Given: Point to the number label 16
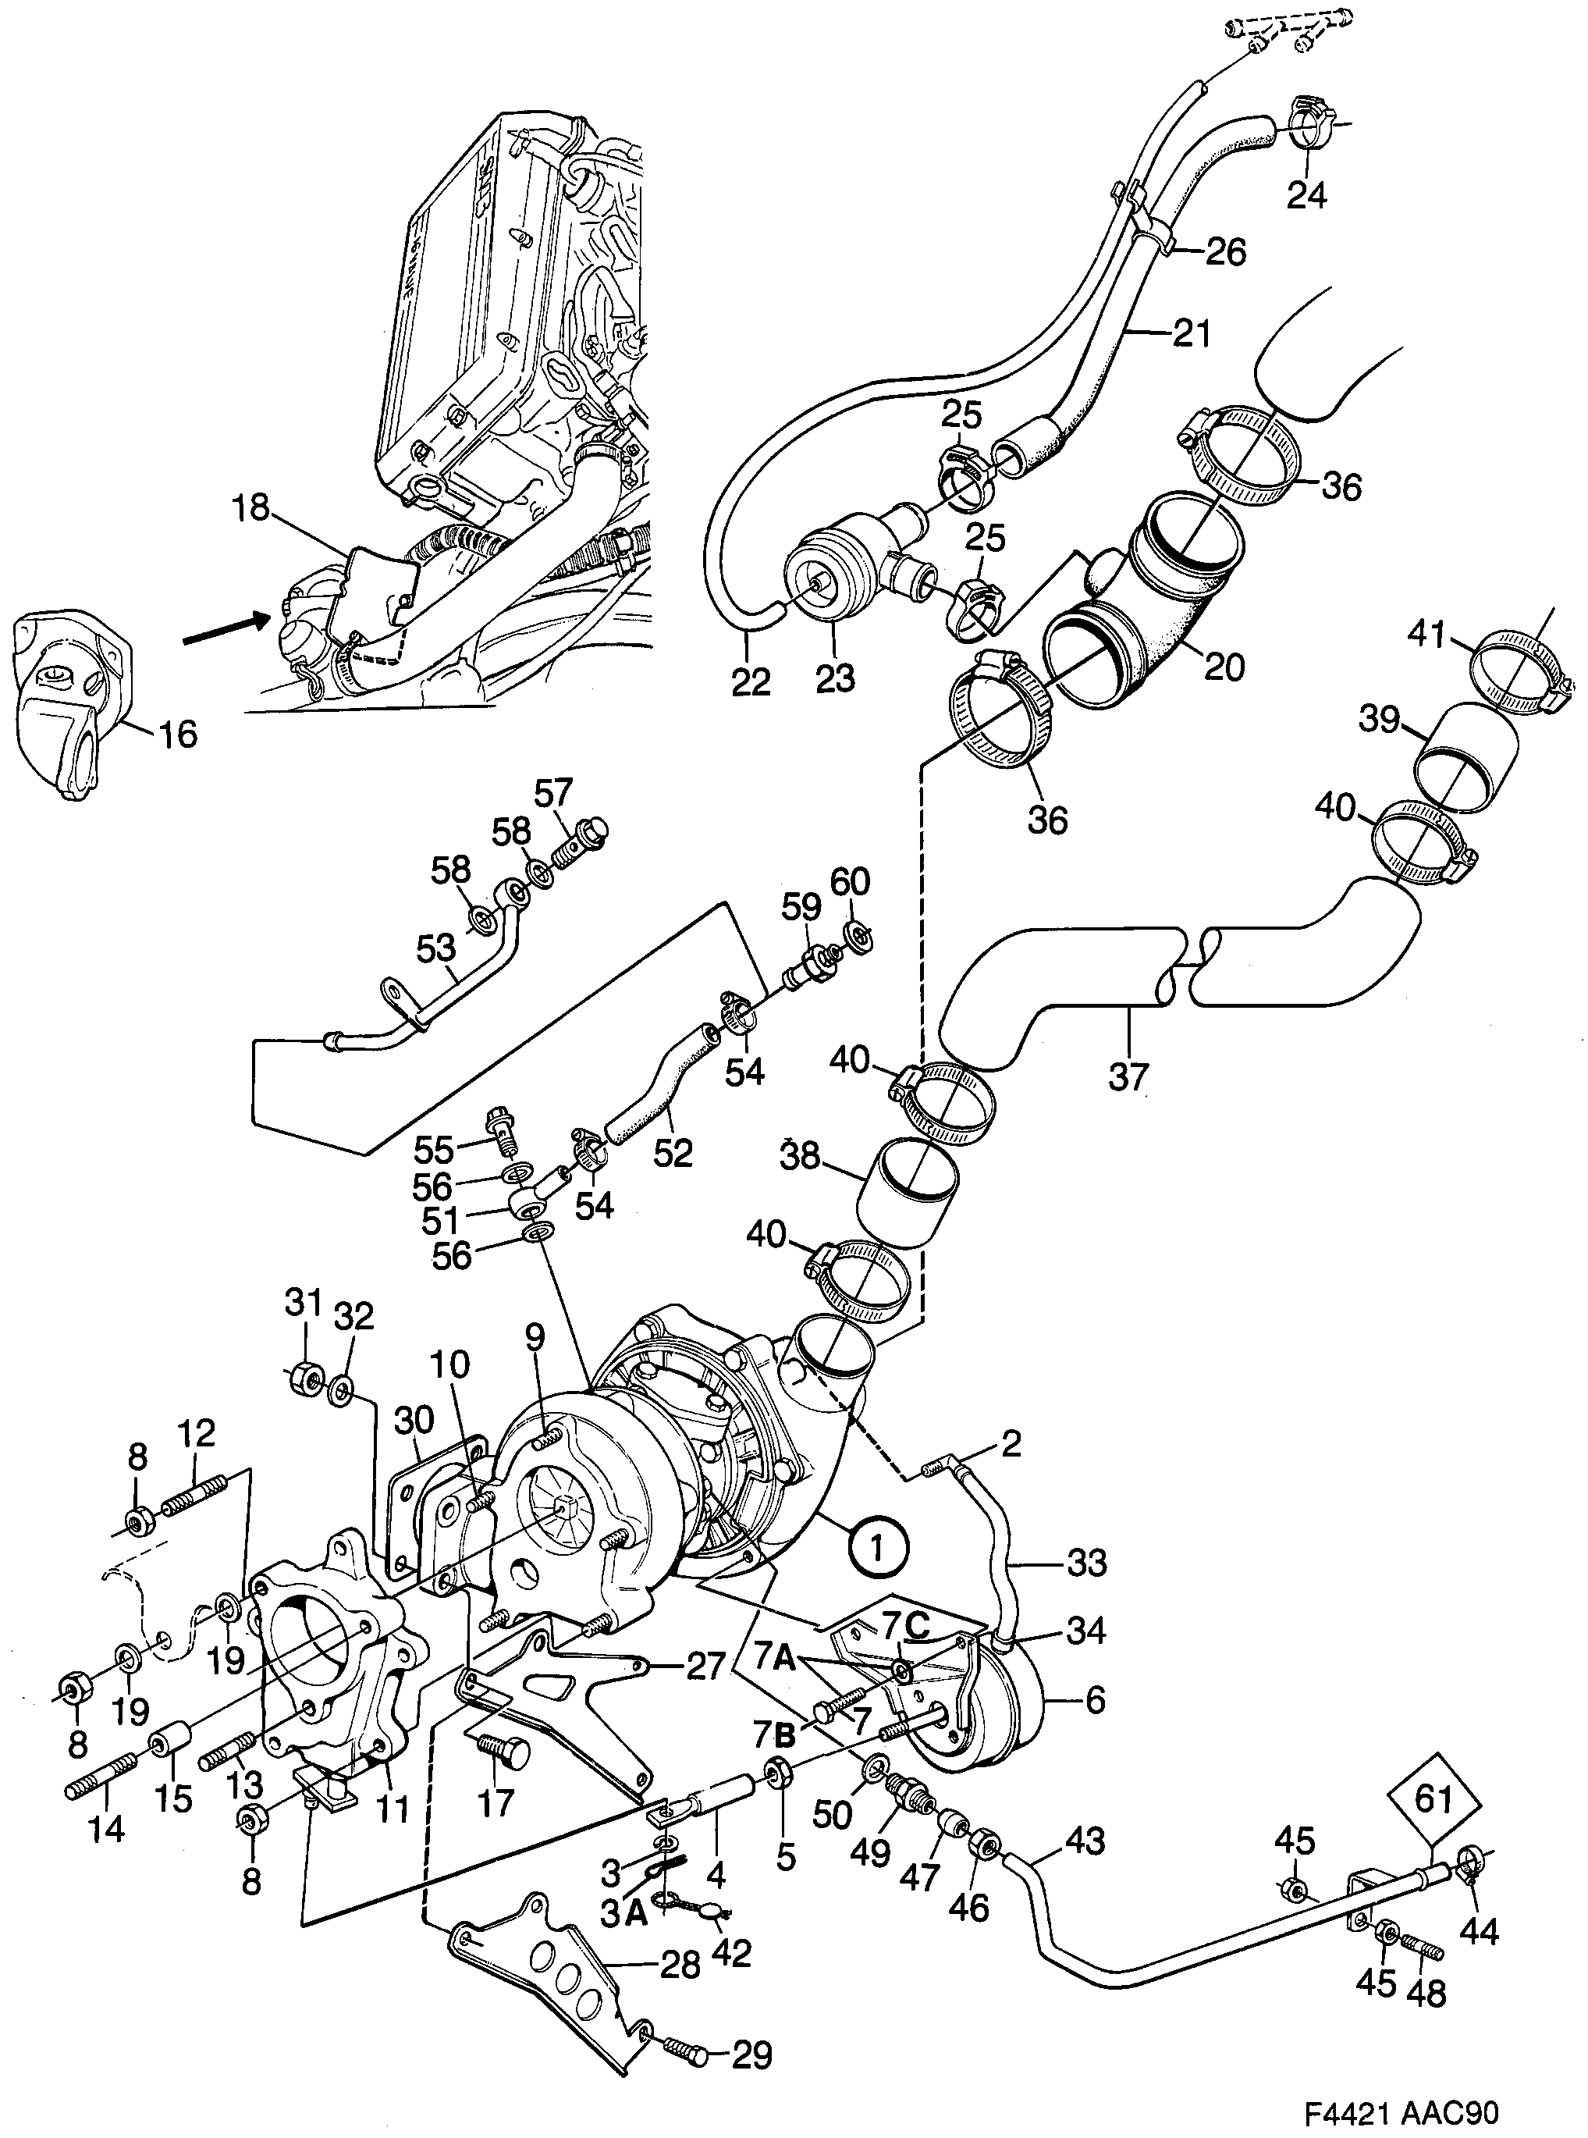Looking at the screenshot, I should point(175,735).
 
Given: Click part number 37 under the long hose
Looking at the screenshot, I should point(1128,1076).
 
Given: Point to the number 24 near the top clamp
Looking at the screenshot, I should point(1306,195).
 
